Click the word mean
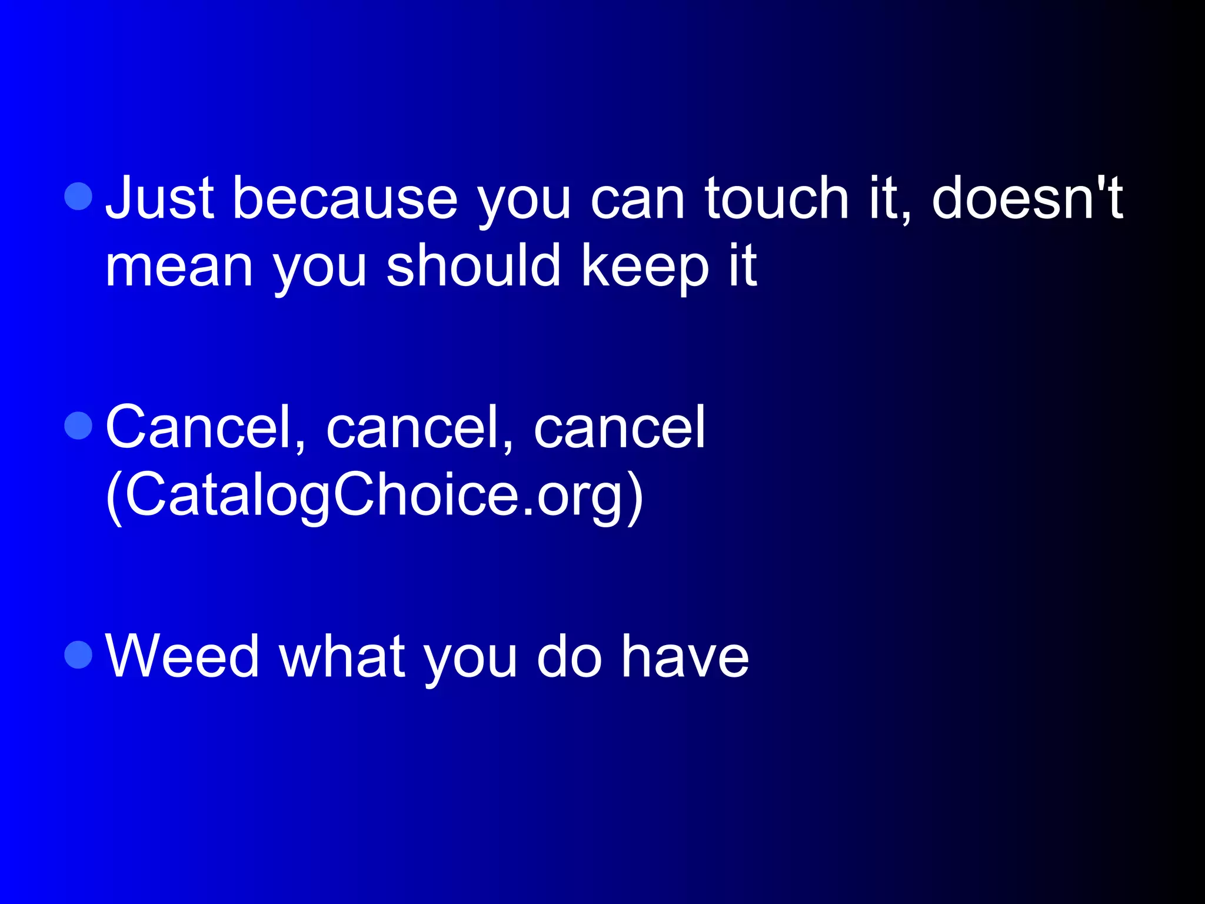click(179, 266)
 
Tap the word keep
click(645, 266)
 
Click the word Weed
click(182, 656)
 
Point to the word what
click(342, 656)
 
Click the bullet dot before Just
click(78, 196)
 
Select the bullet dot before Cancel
click(78, 425)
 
